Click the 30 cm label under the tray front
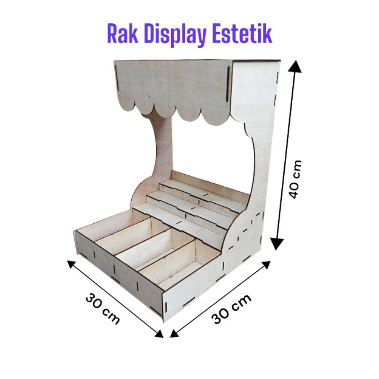click(102, 308)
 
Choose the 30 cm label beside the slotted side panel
click(232, 308)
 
